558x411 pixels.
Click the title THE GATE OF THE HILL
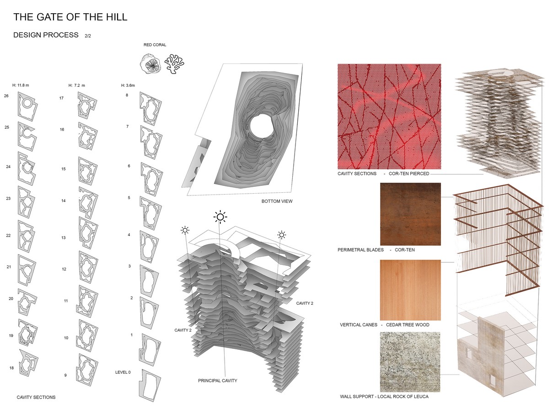tap(70, 17)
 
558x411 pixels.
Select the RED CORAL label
tap(155, 45)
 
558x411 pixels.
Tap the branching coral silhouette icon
tap(174, 63)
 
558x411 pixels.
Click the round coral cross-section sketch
tap(150, 64)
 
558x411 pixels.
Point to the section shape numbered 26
tap(27, 106)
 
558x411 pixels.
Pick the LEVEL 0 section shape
tap(150, 385)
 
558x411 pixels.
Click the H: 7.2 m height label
tap(77, 85)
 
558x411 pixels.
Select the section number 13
tap(64, 237)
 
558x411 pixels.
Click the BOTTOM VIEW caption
tap(277, 201)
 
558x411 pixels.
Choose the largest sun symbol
tap(220, 217)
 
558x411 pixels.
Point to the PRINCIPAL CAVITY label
tap(217, 380)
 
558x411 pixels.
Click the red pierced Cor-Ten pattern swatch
tap(389, 116)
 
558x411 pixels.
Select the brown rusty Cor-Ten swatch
tap(410, 214)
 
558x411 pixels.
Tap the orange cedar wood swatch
tap(410, 290)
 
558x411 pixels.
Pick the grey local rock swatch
tap(410, 362)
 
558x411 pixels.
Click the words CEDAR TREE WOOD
tap(408, 325)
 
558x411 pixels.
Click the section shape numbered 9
tap(87, 370)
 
